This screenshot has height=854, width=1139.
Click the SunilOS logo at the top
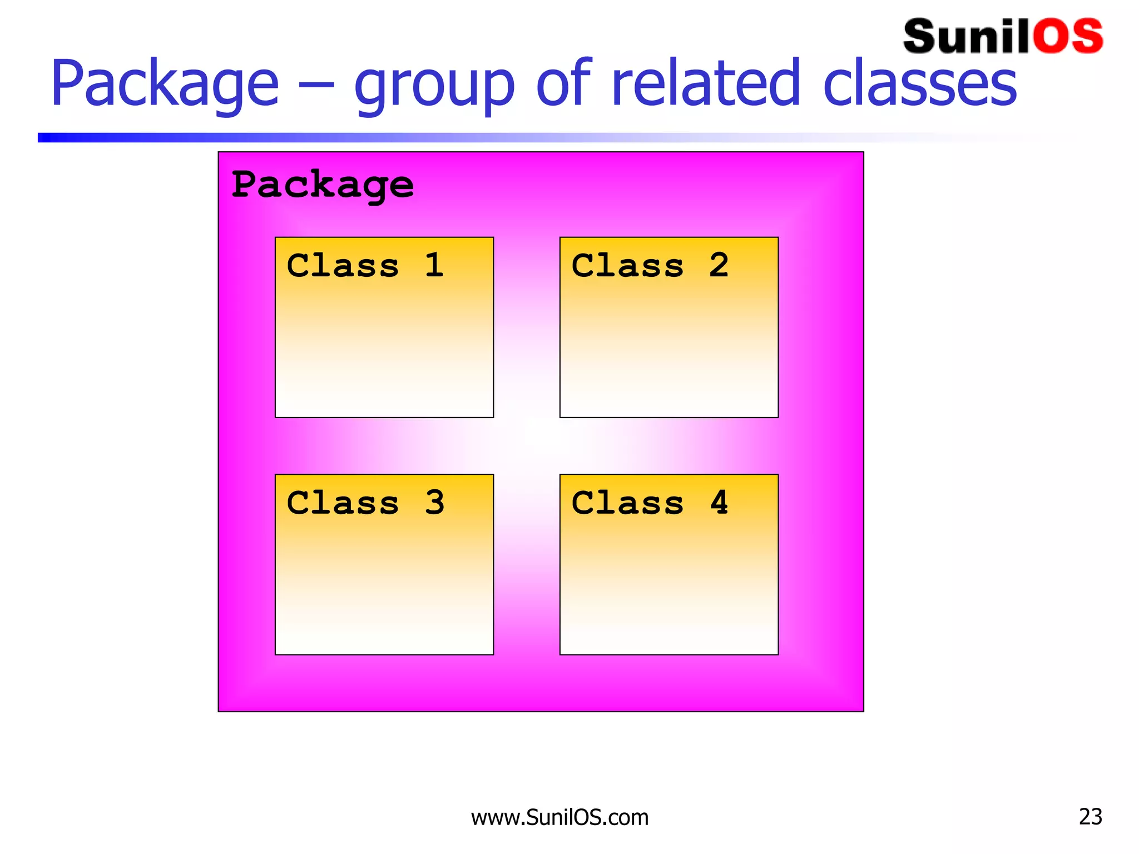(1002, 37)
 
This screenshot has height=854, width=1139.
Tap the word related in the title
(705, 83)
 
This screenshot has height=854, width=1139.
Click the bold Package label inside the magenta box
(323, 185)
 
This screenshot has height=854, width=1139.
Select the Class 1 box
(384, 327)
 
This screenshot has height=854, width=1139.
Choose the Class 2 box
(668, 327)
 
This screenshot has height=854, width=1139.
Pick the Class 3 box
(384, 564)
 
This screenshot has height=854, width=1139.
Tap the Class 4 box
(668, 564)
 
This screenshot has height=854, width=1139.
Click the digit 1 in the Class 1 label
(434, 265)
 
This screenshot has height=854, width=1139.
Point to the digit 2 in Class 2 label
(719, 265)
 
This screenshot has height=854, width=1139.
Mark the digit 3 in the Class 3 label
(434, 503)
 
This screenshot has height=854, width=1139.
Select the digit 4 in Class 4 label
(719, 503)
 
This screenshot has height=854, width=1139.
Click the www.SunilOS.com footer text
(559, 817)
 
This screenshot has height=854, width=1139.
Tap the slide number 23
(1090, 816)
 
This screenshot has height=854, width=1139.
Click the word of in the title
(562, 83)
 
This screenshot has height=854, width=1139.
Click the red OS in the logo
(1068, 37)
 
